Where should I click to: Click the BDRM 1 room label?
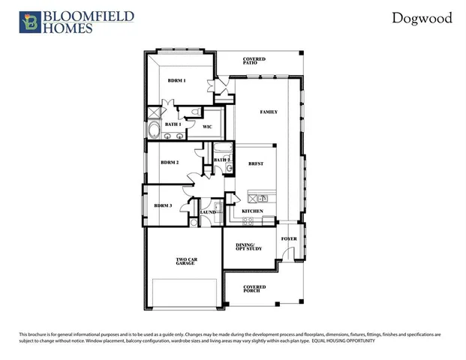(176, 80)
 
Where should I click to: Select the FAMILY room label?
(269, 112)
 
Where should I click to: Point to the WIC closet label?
(208, 127)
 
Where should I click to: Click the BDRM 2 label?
(170, 162)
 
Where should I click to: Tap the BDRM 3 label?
(163, 205)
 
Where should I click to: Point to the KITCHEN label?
(252, 211)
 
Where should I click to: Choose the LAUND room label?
(208, 212)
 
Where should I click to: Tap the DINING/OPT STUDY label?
(245, 247)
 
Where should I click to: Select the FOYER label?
(289, 239)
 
